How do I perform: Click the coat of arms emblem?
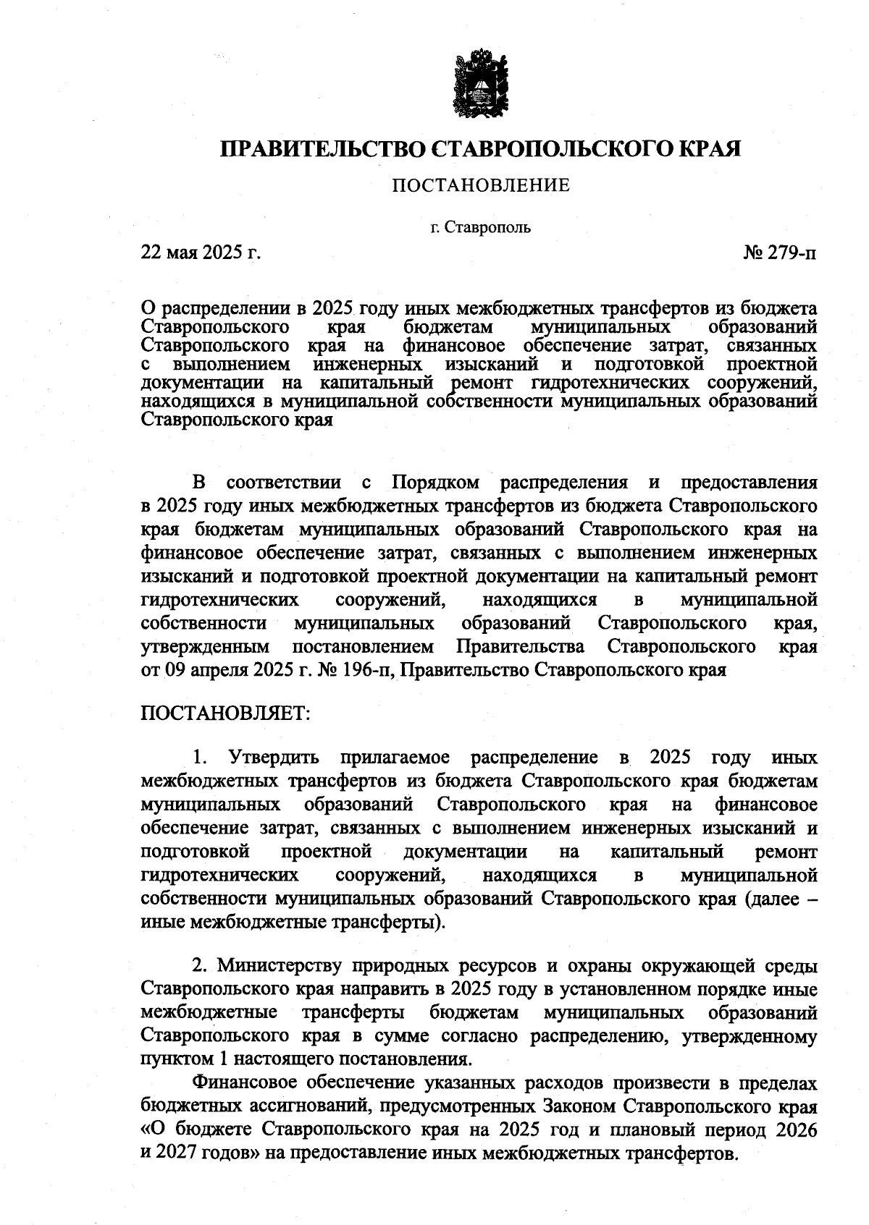[480, 82]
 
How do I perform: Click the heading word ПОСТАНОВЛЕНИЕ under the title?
[481, 186]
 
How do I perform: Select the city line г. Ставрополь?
[480, 228]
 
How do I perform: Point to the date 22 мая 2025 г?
[201, 253]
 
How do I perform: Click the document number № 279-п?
[780, 253]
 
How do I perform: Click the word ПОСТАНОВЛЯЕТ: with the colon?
[225, 713]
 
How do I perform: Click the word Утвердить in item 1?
[274, 758]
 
